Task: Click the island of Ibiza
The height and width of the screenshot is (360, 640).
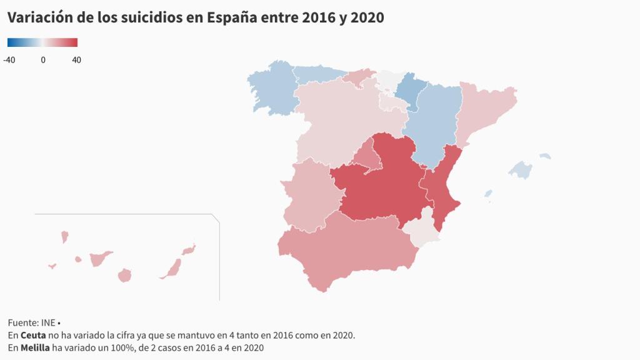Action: coord(488,194)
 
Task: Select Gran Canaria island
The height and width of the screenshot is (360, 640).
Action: coord(125,275)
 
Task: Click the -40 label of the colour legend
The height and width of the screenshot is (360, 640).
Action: coord(9,60)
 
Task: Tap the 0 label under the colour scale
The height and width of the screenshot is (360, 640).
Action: coord(42,60)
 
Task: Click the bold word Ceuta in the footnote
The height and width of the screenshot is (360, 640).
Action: coord(32,335)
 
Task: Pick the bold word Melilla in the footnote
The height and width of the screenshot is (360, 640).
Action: coord(35,347)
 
